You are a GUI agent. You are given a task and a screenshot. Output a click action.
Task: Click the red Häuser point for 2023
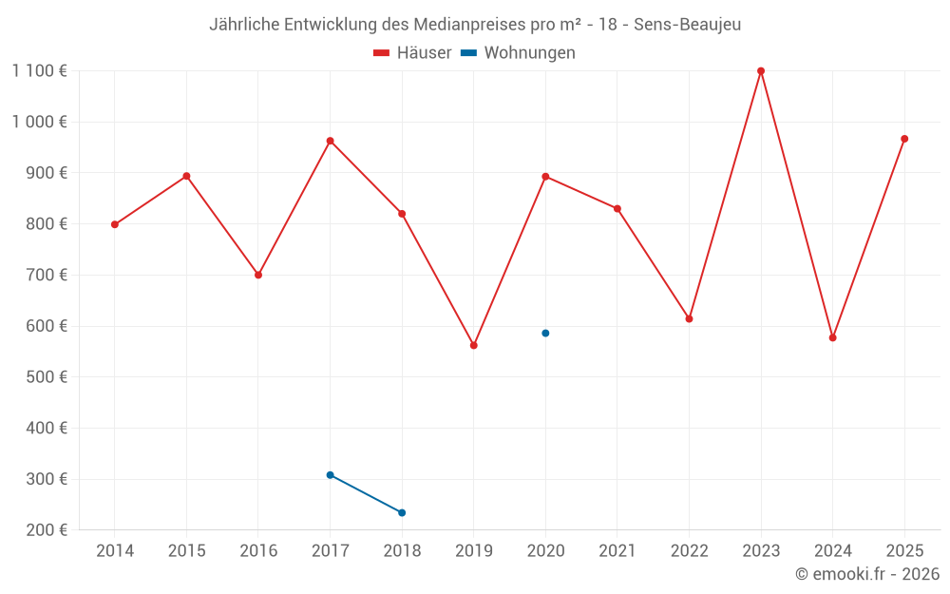tap(761, 71)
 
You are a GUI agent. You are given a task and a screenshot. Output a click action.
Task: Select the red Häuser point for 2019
tap(474, 345)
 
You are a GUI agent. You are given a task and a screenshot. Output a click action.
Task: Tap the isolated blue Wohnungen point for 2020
tap(545, 334)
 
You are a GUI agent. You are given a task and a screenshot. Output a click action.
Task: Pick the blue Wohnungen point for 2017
tap(330, 475)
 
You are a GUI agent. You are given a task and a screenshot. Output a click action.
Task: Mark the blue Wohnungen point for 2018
tap(402, 513)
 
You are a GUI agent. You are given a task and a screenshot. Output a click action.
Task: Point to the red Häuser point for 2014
tap(115, 225)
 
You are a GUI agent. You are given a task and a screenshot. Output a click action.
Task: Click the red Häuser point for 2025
tap(904, 139)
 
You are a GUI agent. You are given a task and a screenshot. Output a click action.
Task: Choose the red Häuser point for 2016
tap(258, 275)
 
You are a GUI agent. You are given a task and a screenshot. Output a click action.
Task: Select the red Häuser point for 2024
tap(833, 337)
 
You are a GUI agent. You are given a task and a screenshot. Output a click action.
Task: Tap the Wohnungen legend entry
tap(529, 53)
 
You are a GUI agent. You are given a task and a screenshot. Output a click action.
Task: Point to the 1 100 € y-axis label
tap(39, 71)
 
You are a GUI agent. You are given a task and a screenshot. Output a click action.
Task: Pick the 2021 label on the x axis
tap(617, 551)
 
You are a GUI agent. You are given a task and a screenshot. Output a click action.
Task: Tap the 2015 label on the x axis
tap(186, 551)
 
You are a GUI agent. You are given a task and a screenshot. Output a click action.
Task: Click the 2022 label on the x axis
tap(689, 551)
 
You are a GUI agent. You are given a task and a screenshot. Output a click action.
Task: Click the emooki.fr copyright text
tap(867, 574)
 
